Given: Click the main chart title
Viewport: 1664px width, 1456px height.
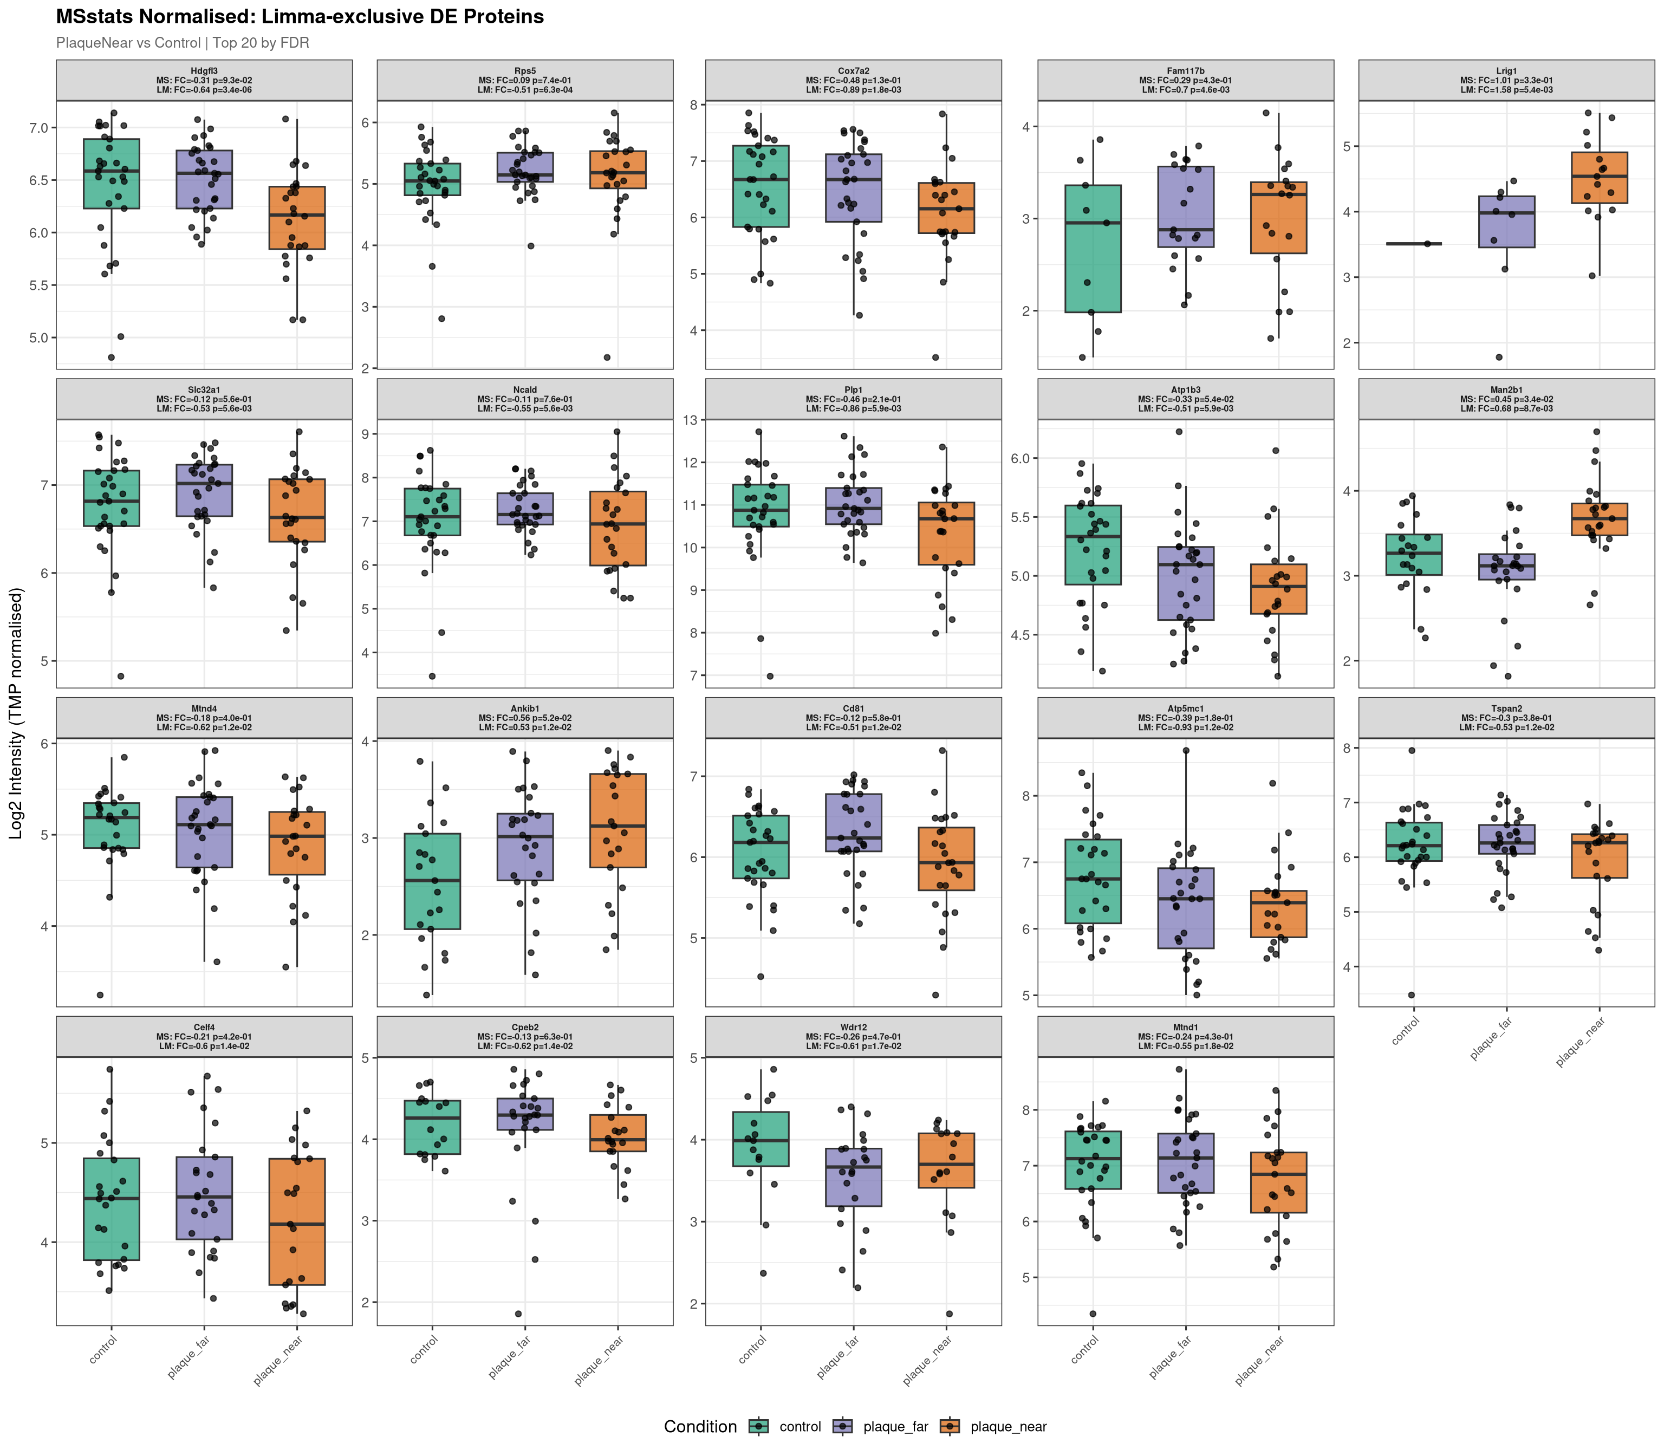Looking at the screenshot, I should [300, 17].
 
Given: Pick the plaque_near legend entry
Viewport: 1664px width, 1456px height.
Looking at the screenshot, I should [1007, 1427].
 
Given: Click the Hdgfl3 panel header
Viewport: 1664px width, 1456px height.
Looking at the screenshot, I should [204, 80].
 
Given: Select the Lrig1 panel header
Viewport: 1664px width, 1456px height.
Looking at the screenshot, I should [1506, 80].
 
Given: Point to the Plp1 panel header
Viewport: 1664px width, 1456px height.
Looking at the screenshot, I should [853, 399].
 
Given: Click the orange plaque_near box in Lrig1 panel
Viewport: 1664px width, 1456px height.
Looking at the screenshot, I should [1599, 177].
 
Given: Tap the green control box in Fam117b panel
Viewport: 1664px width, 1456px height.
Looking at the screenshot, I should [1093, 249].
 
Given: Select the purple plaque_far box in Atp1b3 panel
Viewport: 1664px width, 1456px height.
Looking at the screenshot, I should [1185, 583].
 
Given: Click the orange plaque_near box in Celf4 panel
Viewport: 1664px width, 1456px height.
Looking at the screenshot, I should [297, 1221].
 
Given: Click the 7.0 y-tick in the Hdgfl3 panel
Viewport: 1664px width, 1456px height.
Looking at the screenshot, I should [37, 128].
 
